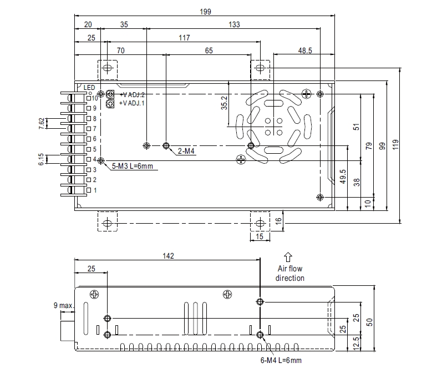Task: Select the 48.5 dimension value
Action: (305, 50)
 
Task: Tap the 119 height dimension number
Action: (411, 145)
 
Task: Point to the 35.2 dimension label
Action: (224, 103)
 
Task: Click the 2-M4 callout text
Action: (186, 150)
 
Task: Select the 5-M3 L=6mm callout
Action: (133, 165)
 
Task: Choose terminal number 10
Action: (95, 98)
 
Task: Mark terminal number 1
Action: (95, 190)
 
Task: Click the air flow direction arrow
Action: (288, 256)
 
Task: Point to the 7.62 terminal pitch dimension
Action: (41, 124)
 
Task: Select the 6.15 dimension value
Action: (41, 160)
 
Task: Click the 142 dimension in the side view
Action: (169, 256)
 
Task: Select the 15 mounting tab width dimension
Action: (260, 237)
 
